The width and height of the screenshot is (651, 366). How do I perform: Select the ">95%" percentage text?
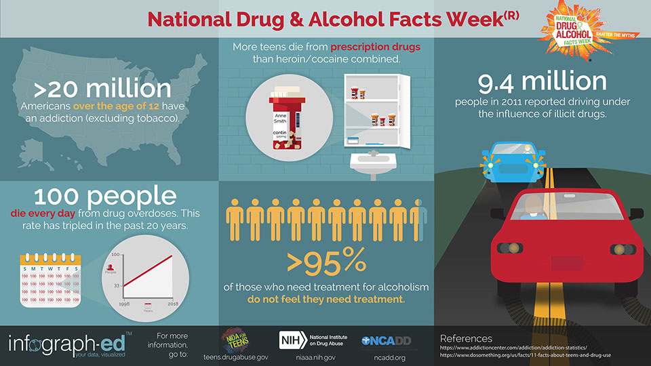326,260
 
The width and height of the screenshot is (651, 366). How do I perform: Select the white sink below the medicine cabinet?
372,165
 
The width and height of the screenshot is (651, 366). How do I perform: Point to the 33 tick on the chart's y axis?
116,285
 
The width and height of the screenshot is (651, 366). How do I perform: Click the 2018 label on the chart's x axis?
173,304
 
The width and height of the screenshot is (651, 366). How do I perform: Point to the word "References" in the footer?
467,338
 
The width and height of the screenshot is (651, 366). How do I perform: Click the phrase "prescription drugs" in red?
375,47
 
